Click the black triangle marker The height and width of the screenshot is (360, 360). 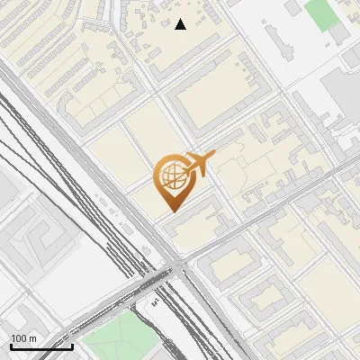[180, 24]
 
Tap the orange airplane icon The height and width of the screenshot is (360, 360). [200, 164]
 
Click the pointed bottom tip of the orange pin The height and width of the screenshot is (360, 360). [171, 211]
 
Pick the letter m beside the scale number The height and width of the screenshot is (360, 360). [33, 338]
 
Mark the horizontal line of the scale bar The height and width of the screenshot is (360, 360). [41, 346]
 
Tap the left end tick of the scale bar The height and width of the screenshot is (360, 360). [11, 345]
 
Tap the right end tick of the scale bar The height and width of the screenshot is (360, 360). [72, 345]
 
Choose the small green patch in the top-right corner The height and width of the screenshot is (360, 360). [319, 13]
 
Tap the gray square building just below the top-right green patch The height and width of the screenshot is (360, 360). [337, 34]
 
